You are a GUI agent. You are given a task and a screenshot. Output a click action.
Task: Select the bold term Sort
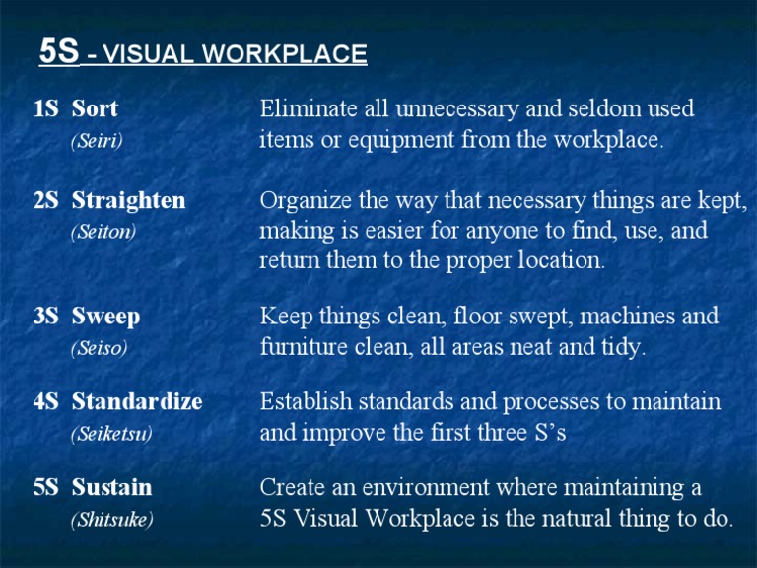click(x=95, y=108)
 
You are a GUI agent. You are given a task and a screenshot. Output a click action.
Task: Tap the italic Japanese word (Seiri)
click(x=97, y=141)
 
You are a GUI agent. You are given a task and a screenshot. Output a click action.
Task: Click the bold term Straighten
click(x=128, y=201)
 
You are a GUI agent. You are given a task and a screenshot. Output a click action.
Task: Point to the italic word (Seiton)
click(x=103, y=233)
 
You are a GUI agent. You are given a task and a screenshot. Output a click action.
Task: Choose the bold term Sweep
click(x=105, y=317)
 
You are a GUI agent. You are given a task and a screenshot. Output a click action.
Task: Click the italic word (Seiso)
click(x=100, y=348)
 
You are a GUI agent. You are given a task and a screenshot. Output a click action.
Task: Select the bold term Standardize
click(x=137, y=402)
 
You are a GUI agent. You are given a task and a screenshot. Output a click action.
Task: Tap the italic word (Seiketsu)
click(x=111, y=434)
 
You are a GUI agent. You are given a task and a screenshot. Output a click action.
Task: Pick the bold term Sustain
click(x=111, y=487)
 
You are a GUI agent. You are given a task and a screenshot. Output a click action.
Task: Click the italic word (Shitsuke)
click(x=111, y=519)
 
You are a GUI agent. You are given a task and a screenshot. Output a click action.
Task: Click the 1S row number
click(x=46, y=108)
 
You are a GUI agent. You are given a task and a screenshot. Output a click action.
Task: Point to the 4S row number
click(x=46, y=402)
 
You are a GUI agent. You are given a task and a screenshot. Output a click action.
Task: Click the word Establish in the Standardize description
click(x=301, y=402)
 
